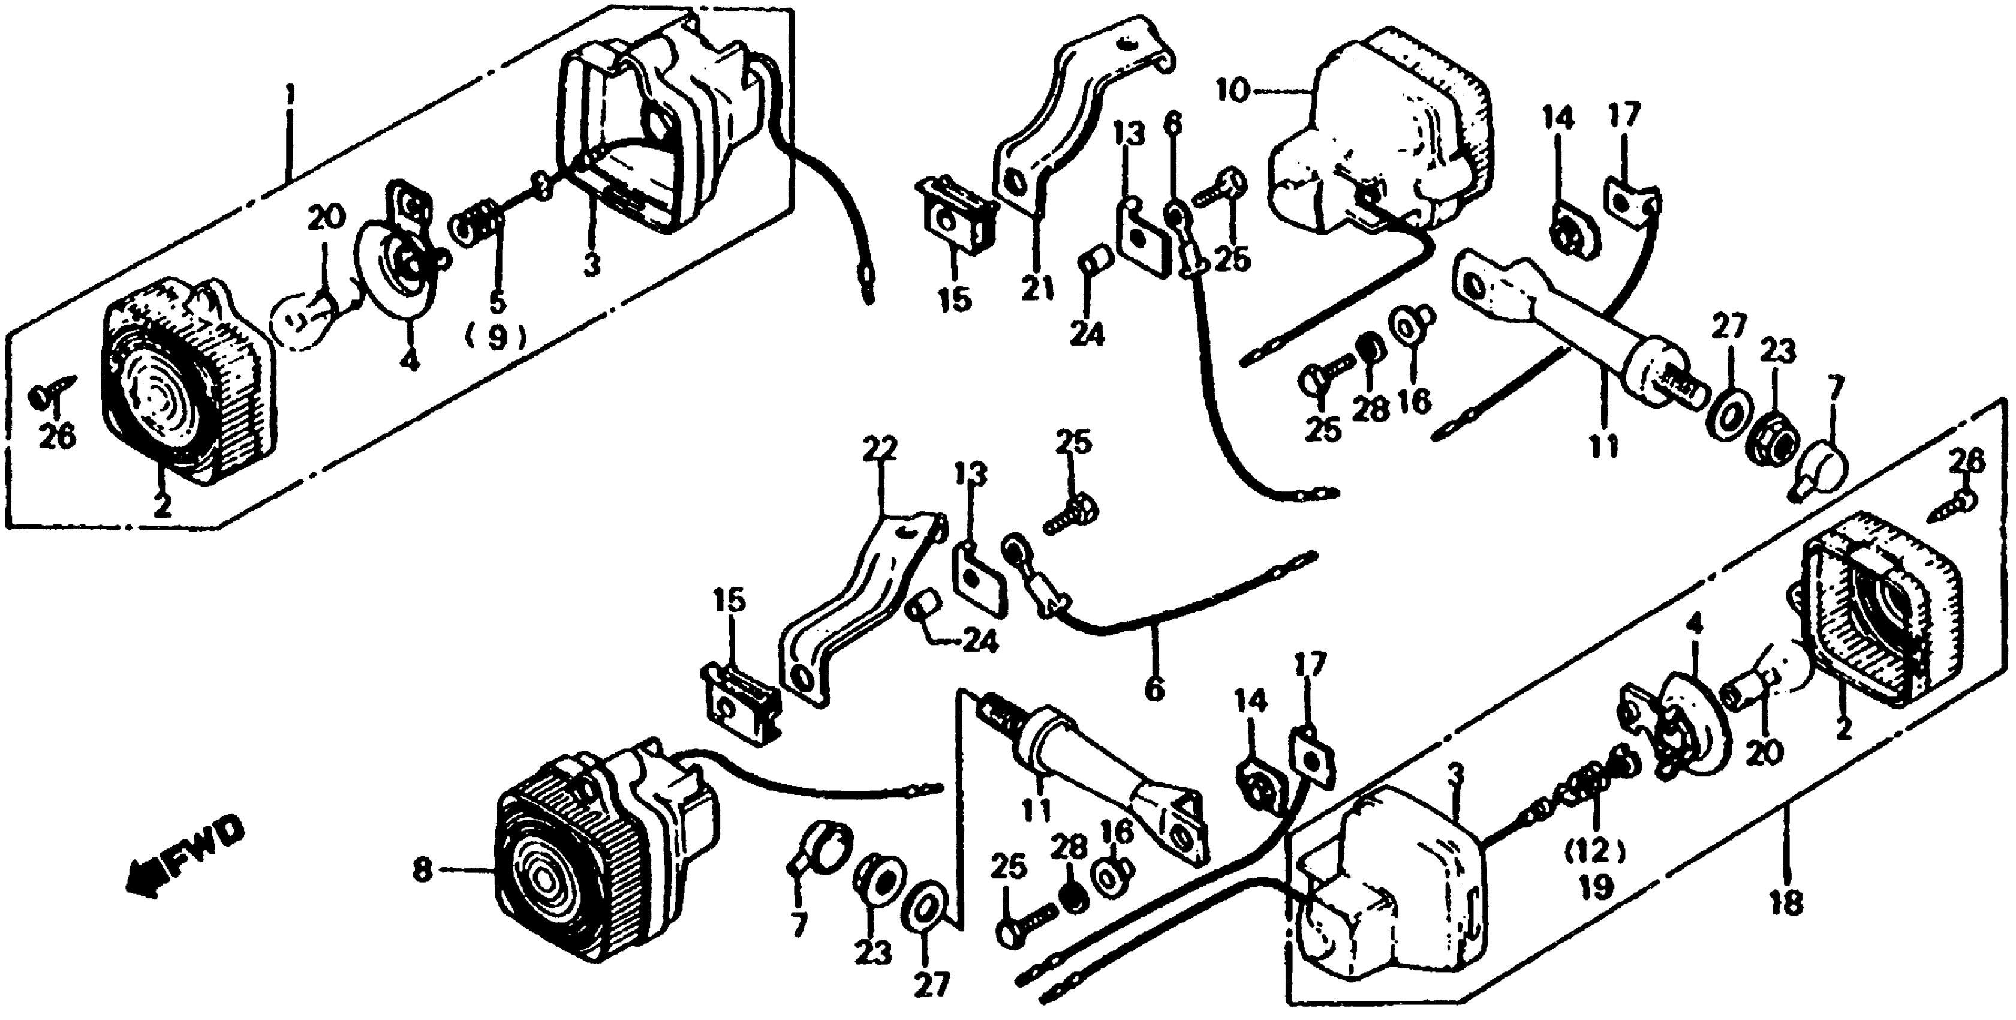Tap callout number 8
point(423,871)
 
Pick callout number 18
point(1788,904)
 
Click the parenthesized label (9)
point(496,337)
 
